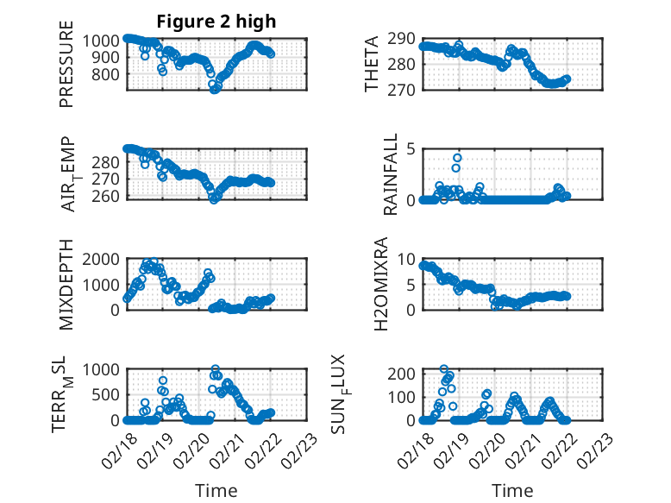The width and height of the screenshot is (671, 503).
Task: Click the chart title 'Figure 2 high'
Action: tap(216, 22)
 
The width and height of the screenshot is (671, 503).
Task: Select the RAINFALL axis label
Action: tap(391, 174)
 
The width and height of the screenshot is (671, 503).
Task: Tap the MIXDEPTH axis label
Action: tap(66, 286)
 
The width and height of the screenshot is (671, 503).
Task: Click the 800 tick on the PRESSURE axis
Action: tap(110, 74)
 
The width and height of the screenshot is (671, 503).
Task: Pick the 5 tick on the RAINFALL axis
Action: tap(411, 148)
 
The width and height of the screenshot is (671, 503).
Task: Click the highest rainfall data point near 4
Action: tap(457, 158)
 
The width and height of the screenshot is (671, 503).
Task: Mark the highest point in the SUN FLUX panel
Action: tap(444, 369)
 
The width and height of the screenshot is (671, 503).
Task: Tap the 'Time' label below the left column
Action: tap(216, 490)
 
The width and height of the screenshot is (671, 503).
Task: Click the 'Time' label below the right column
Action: tap(512, 490)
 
